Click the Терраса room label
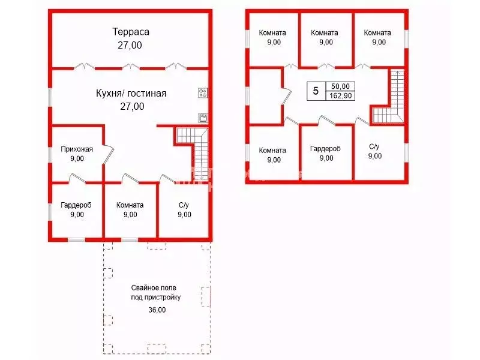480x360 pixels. click(x=131, y=32)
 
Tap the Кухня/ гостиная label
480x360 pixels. click(x=131, y=93)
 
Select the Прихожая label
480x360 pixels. click(x=77, y=149)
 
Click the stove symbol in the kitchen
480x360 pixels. click(x=203, y=93)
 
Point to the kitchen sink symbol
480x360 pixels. click(x=203, y=118)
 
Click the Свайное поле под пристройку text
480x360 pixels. click(x=156, y=292)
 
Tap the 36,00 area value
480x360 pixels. click(x=157, y=310)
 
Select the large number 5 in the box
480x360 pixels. click(x=316, y=91)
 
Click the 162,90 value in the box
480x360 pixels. click(x=340, y=96)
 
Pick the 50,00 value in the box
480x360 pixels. click(x=340, y=86)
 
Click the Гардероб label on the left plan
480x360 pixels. click(x=76, y=205)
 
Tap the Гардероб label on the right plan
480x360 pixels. click(x=325, y=149)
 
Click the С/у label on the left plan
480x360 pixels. click(x=184, y=205)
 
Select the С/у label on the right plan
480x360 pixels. click(x=374, y=146)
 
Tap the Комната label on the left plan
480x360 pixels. click(x=130, y=205)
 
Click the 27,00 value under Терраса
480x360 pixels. click(x=130, y=46)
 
